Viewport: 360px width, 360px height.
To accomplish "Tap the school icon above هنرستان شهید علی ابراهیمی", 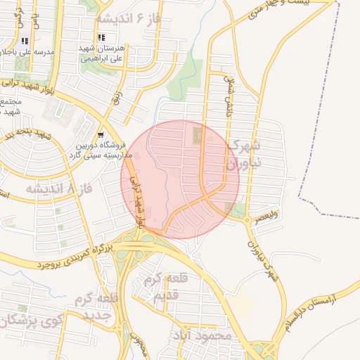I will point(102,37).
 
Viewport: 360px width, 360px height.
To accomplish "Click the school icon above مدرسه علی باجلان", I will point(26,41).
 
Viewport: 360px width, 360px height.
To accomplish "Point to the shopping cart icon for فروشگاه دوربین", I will point(101,134).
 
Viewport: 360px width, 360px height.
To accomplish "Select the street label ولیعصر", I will point(269,209).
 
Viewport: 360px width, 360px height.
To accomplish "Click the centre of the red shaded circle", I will point(180,179).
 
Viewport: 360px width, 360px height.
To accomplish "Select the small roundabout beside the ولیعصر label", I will point(247,219).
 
